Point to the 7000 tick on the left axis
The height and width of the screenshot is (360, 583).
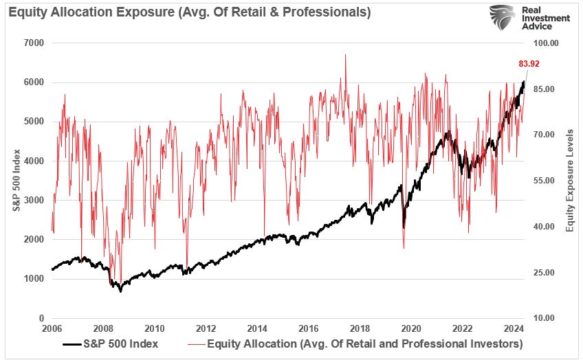coord(34,43)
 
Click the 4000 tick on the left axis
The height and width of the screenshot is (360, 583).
coord(34,161)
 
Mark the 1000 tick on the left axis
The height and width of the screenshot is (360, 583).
coord(34,279)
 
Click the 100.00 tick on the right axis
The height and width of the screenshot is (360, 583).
coord(543,43)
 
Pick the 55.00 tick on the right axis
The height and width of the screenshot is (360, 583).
coord(543,181)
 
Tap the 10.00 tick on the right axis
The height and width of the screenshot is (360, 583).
coord(543,318)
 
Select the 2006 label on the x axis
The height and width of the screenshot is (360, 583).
coord(52,328)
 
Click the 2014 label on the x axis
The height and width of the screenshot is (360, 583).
coord(257,328)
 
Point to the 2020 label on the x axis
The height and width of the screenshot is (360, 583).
coord(411,328)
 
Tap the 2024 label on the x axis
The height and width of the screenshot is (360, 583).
coord(514,328)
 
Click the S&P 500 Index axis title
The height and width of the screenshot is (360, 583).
coord(16,181)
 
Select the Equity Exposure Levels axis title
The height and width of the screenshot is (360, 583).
coord(569,180)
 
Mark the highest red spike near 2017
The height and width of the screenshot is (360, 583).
coord(345,55)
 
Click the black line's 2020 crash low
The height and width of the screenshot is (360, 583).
coord(404,227)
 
